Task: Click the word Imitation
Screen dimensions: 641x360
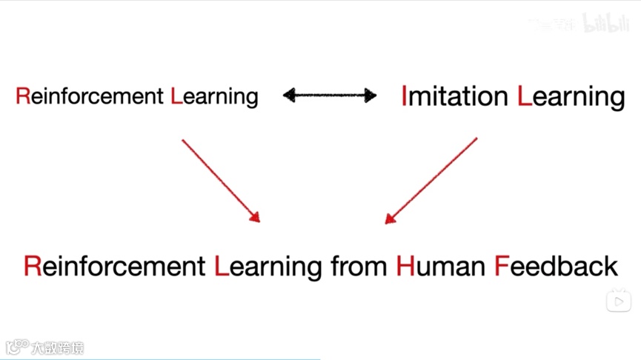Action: [454, 96]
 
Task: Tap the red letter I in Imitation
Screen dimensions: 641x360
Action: [404, 96]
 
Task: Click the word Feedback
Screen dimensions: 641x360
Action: [556, 265]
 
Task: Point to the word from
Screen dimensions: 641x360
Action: [358, 265]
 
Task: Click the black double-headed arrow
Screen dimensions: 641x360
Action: [330, 95]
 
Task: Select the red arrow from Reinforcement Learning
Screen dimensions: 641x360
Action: [220, 179]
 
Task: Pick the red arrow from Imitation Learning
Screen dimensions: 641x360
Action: [432, 179]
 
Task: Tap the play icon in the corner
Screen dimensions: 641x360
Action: [618, 301]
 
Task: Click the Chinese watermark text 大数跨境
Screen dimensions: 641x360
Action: [57, 347]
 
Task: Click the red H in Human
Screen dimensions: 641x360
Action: [405, 265]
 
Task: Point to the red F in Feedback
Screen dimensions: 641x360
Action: [500, 265]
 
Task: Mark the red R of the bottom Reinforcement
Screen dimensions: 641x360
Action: [32, 265]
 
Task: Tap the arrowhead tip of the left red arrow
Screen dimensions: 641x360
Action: [259, 221]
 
